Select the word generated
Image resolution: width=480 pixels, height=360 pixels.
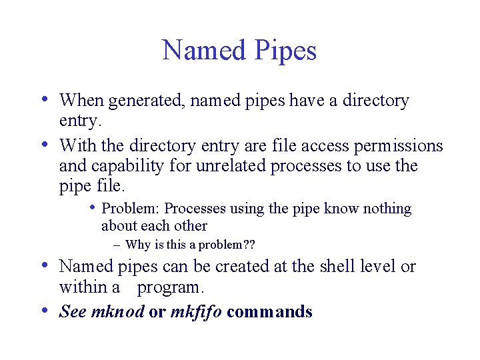[x=139, y=102]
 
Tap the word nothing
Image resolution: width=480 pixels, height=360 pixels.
[x=388, y=209]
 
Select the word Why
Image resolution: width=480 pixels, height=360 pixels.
[x=137, y=245]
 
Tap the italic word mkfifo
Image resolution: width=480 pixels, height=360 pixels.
[x=197, y=311]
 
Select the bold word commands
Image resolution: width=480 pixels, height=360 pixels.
[x=269, y=311]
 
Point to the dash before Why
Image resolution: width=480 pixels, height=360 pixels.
[x=117, y=245]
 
